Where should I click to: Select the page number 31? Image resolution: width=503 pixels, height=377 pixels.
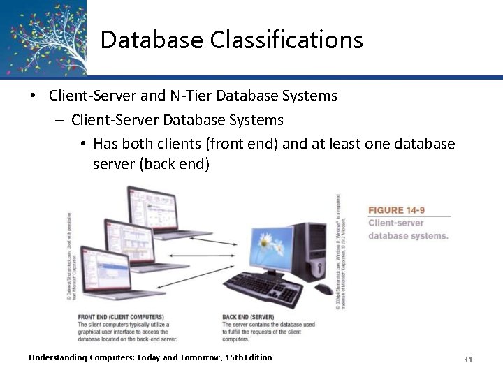pyautogui.click(x=468, y=359)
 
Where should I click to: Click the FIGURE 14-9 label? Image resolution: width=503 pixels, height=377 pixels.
pyautogui.click(x=396, y=209)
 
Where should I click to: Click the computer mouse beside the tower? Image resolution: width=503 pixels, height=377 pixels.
pyautogui.click(x=323, y=288)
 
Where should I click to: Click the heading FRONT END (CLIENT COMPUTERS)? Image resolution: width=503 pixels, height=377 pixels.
pyautogui.click(x=121, y=317)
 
